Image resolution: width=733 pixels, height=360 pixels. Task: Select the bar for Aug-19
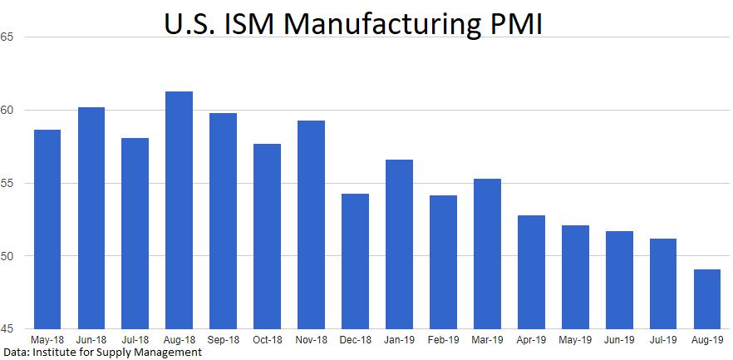pos(706,298)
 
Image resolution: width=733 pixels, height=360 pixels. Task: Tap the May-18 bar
pos(47,229)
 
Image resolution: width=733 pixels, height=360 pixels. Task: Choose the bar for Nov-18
pos(311,224)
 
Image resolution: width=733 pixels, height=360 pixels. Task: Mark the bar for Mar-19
pos(487,253)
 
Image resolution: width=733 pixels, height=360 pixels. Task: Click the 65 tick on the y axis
pos(7,37)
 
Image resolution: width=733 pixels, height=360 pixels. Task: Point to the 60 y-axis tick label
pos(7,111)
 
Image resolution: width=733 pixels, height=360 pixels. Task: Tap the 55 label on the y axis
pos(7,183)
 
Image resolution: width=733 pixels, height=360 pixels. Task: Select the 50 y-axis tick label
pos(7,255)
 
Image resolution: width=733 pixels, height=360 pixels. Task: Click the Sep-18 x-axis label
pos(223,340)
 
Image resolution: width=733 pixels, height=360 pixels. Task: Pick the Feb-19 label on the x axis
pos(443,340)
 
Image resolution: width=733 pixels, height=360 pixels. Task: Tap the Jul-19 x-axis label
pos(662,340)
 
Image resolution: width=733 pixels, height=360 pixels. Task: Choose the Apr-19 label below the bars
pos(531,340)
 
